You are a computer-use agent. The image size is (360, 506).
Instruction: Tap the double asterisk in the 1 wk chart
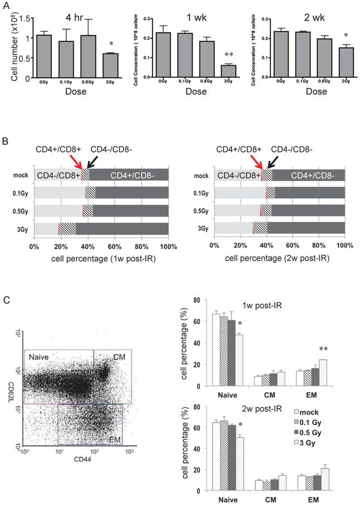pos(213,56)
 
